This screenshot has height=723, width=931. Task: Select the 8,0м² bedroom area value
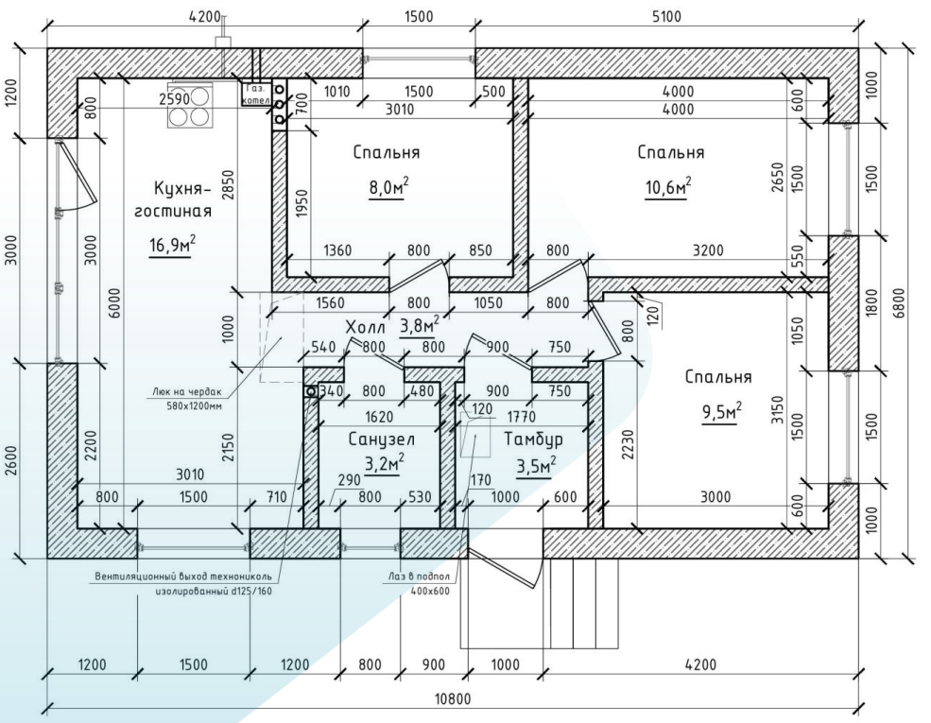pyautogui.click(x=388, y=186)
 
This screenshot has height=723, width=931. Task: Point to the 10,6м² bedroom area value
pyautogui.click(x=667, y=186)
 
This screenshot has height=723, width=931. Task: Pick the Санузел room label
pyautogui.click(x=380, y=439)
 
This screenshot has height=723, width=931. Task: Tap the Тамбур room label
pyautogui.click(x=534, y=439)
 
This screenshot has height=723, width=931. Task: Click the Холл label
pyautogui.click(x=367, y=326)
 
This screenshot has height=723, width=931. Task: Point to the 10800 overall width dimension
pyautogui.click(x=452, y=699)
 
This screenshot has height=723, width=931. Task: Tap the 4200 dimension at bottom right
pyautogui.click(x=701, y=664)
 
